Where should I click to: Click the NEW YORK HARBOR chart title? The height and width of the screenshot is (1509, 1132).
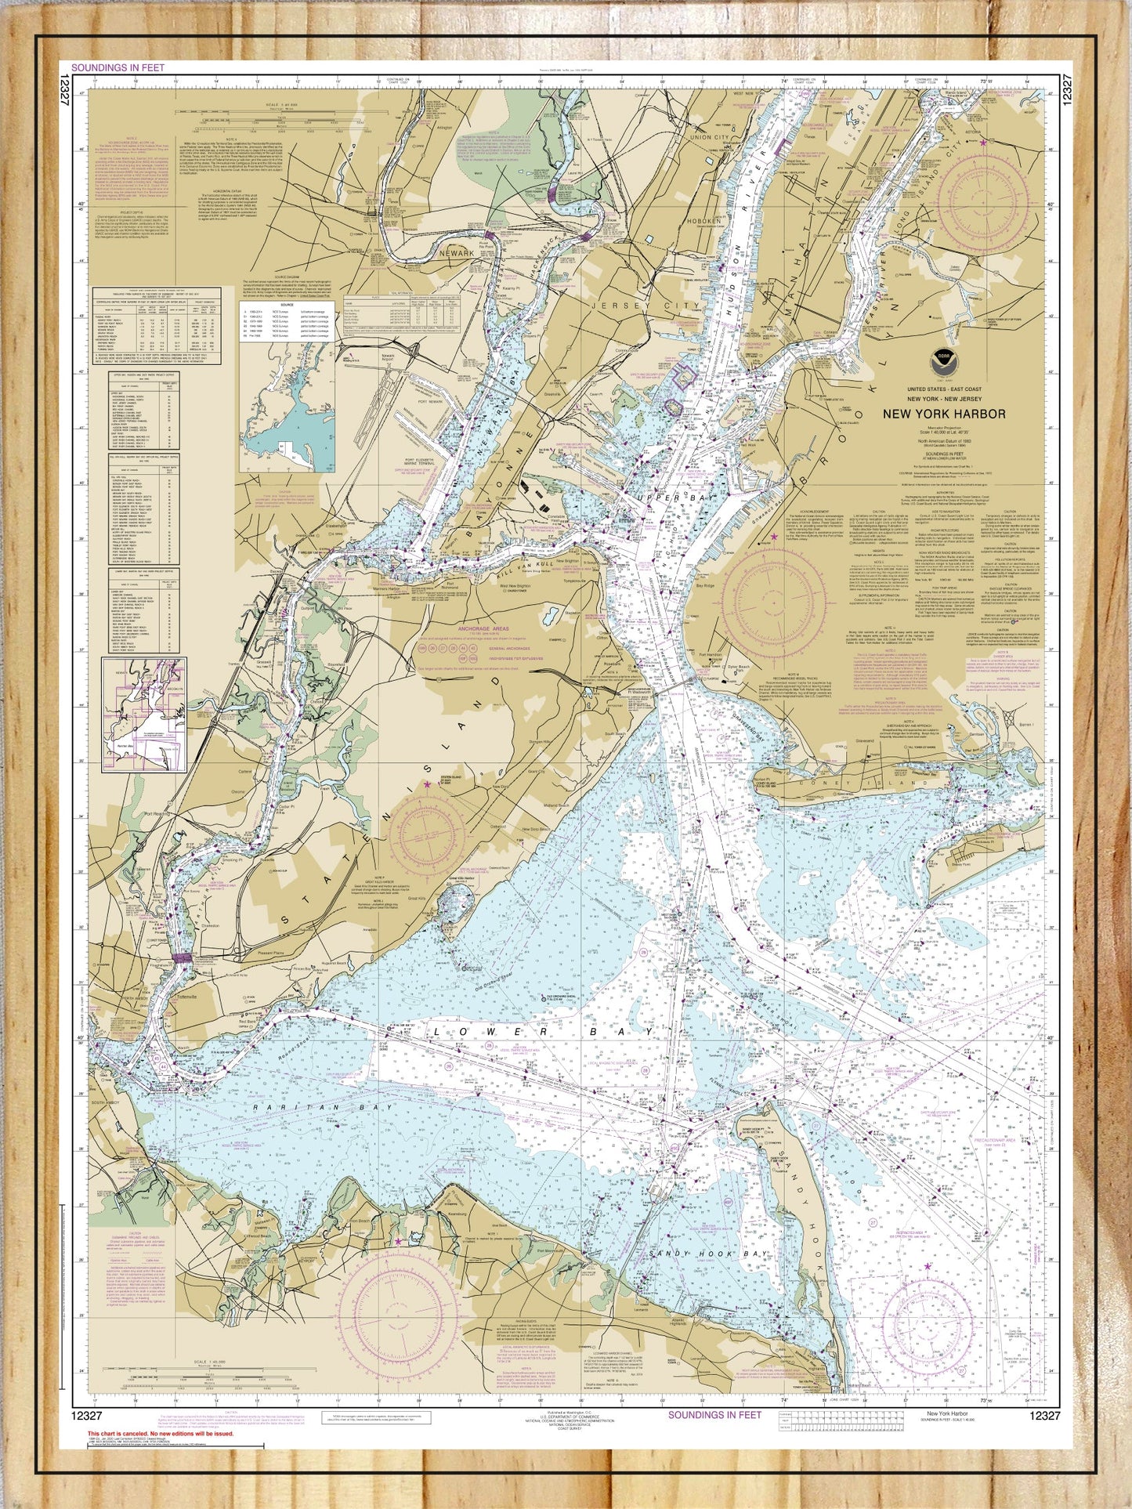tap(944, 414)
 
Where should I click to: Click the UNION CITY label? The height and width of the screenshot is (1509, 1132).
tap(711, 137)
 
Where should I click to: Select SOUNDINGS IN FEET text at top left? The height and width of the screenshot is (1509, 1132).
tap(118, 68)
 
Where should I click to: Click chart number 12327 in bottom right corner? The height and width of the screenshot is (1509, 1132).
tap(1045, 1415)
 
